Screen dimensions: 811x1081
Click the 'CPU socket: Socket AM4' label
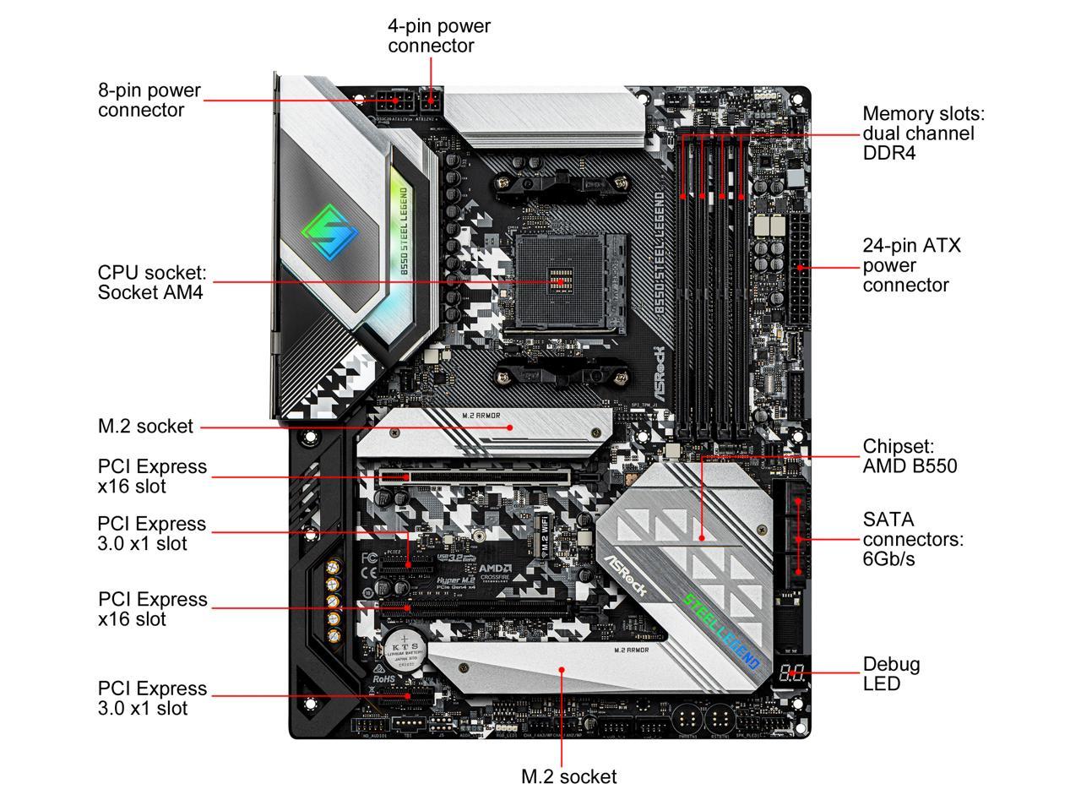[x=151, y=283]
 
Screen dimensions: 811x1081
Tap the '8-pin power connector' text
[x=149, y=100]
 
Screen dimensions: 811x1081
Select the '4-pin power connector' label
[x=438, y=35]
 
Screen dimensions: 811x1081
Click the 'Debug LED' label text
[x=891, y=673]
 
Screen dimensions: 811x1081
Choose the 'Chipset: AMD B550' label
[x=910, y=456]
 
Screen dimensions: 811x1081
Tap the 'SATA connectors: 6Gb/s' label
[x=912, y=539]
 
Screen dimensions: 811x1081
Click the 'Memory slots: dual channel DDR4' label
[x=923, y=133]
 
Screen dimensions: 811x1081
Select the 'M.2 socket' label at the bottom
[x=568, y=776]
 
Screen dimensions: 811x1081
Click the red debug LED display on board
[x=791, y=674]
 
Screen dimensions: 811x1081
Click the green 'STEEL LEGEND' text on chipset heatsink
[x=722, y=629]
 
